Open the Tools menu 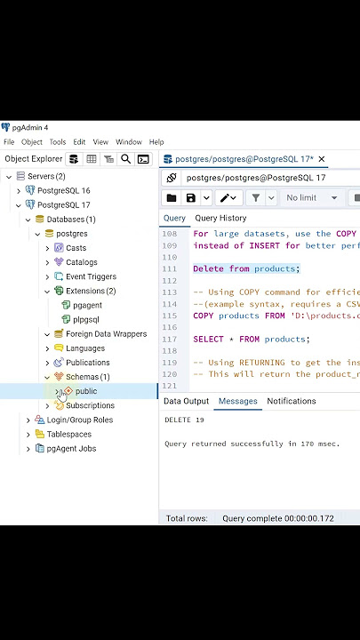point(58,142)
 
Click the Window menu point(129,142)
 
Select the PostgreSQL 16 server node point(64,190)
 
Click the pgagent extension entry point(87,305)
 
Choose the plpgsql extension point(85,320)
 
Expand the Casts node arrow point(47,248)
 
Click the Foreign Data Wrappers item point(106,334)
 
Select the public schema point(86,391)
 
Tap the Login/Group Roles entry point(80,420)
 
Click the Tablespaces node point(69,435)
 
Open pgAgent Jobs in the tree point(71,449)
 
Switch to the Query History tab point(220,218)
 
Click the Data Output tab point(186,401)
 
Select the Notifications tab point(292,401)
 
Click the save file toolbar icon point(190,198)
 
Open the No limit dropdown point(311,198)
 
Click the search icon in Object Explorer point(125,159)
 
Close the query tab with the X point(322,159)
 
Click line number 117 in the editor point(170,340)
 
